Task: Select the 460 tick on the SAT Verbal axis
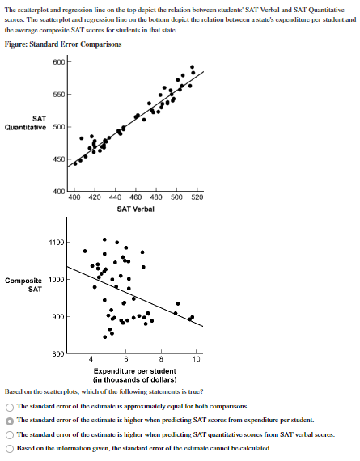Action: [134, 197]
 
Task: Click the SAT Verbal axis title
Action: [134, 209]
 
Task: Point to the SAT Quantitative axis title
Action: [28, 122]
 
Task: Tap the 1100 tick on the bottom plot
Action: [56, 243]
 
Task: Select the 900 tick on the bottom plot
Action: [57, 317]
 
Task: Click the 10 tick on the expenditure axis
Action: [197, 358]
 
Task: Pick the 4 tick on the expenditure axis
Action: [91, 358]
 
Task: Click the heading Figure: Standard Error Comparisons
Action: [62, 44]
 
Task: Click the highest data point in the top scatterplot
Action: [192, 67]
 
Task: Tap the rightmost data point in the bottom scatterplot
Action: [192, 317]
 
